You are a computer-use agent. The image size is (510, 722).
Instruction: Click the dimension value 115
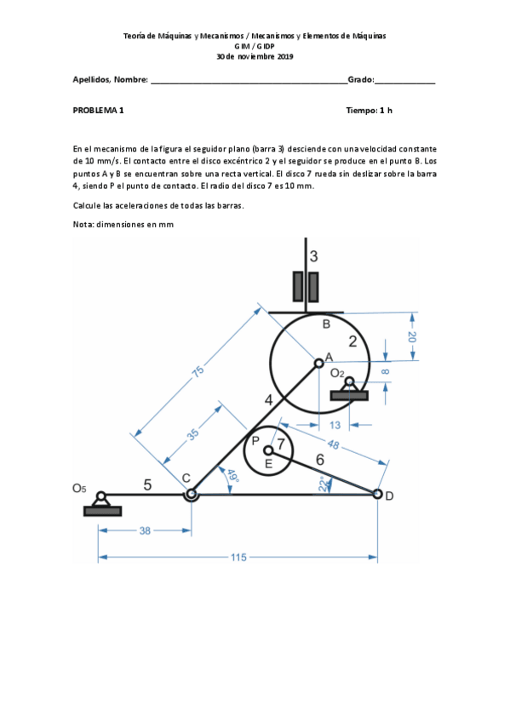238,557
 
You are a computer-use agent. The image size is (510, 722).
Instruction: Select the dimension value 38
145,531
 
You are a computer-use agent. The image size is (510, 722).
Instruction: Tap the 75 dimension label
198,371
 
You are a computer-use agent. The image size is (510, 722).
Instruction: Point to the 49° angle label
233,476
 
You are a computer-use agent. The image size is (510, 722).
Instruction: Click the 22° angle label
324,484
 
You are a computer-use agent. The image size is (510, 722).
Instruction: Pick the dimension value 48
333,444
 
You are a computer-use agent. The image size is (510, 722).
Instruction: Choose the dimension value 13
335,425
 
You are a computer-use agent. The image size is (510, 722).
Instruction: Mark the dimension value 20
412,337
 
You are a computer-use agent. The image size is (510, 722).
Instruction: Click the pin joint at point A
318,364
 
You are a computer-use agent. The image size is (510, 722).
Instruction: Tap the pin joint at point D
377,494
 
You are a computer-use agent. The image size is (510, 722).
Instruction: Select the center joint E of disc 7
268,450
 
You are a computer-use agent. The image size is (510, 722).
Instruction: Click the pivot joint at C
191,495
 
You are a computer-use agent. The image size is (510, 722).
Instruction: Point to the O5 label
79,488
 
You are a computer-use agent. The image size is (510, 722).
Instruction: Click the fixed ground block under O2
349,396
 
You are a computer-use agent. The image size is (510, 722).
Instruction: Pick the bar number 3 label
313,256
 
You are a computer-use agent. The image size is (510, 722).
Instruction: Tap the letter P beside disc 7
255,441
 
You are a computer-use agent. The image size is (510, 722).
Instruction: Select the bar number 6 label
320,460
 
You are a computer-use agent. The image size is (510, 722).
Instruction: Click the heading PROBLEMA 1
98,111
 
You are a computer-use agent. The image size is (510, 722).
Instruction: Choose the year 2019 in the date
285,57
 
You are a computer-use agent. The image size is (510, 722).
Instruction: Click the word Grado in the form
360,80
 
